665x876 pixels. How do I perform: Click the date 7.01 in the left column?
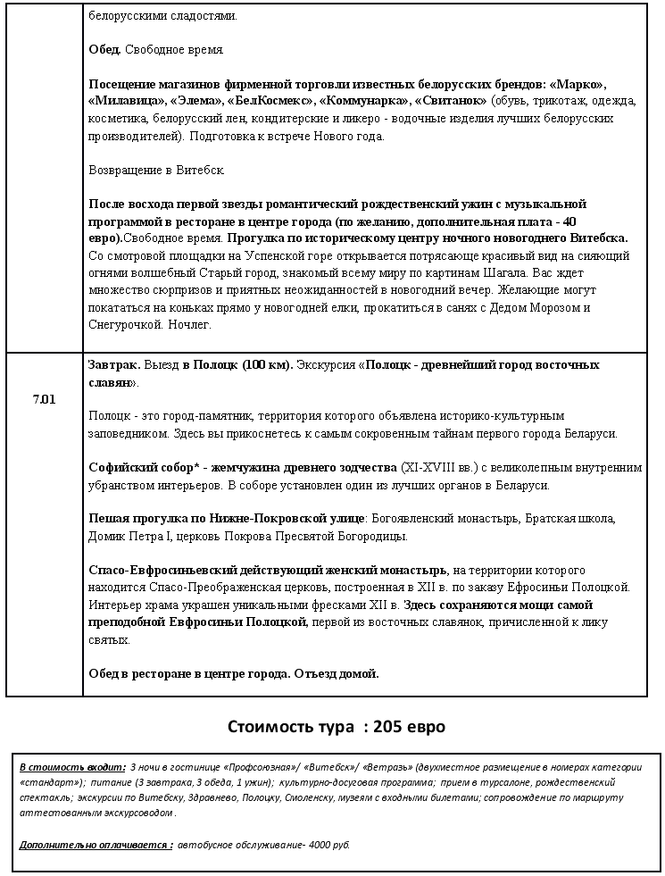[44, 399]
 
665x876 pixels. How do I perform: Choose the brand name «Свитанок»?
[450, 101]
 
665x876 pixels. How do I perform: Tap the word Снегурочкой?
[125, 324]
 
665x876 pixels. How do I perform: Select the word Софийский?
[121, 467]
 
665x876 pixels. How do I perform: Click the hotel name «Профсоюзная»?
[262, 767]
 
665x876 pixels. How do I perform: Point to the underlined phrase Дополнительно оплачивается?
[95, 843]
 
